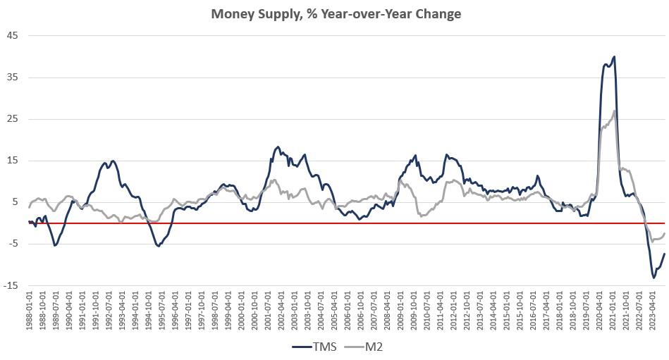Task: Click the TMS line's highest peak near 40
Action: click(614, 57)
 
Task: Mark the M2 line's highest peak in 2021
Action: click(615, 111)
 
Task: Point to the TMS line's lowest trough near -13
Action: click(653, 278)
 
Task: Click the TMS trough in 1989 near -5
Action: click(55, 245)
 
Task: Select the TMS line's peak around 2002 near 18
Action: click(278, 147)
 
